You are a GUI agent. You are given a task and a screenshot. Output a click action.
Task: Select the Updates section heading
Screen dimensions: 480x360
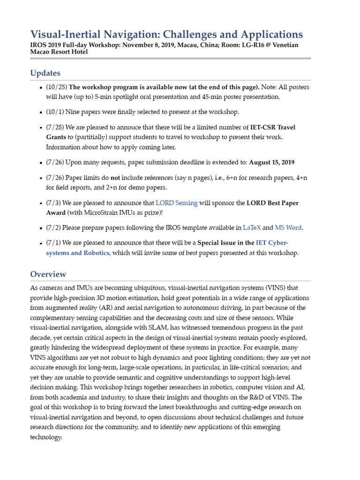point(45,73)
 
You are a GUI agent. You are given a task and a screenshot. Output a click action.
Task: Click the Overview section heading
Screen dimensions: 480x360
point(48,274)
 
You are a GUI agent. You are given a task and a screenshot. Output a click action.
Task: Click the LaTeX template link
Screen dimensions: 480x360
point(252,227)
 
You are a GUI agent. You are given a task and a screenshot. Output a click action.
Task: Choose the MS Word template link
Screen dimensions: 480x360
point(288,227)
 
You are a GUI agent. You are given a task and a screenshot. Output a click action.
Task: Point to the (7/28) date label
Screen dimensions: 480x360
point(55,127)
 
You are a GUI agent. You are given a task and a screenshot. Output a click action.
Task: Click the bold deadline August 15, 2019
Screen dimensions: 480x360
point(271,163)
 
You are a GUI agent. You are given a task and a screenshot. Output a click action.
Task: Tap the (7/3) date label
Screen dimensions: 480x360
point(53,203)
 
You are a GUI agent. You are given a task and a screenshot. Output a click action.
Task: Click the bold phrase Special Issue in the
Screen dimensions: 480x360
point(225,243)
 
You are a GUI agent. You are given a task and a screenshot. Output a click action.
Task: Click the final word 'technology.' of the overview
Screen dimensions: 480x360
point(46,437)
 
